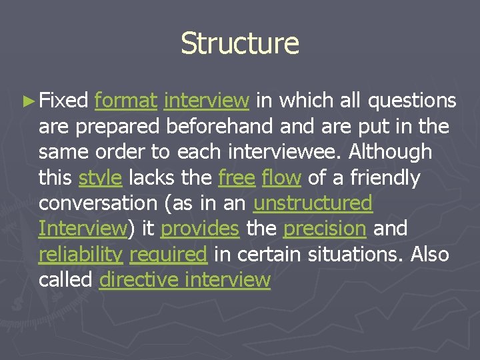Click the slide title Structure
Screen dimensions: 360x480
pyautogui.click(x=240, y=43)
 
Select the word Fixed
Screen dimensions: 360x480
pyautogui.click(x=63, y=101)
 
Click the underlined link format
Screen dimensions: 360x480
pyautogui.click(x=126, y=101)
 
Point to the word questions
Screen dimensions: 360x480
pyautogui.click(x=412, y=101)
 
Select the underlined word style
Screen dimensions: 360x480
pyautogui.click(x=100, y=178)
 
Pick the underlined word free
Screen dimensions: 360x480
pyautogui.click(x=237, y=178)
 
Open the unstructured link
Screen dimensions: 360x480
pyautogui.click(x=313, y=203)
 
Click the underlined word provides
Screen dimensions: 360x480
pyautogui.click(x=199, y=229)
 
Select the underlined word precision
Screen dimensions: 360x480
pyautogui.click(x=325, y=229)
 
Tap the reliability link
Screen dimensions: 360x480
pyautogui.click(x=81, y=255)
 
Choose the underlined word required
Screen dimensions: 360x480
pyautogui.click(x=169, y=255)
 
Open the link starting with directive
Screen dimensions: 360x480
pyautogui.click(x=185, y=280)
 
